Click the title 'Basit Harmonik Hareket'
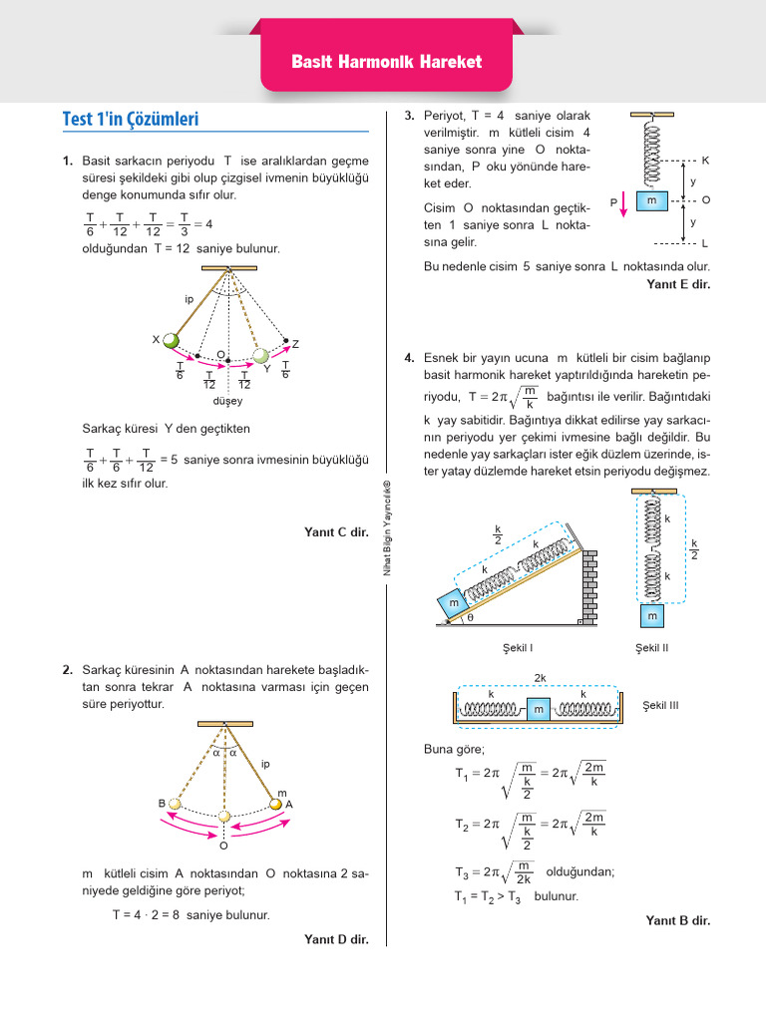(x=386, y=62)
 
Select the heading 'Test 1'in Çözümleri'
(x=131, y=119)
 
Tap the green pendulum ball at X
(x=172, y=341)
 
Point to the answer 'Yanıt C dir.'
(x=336, y=532)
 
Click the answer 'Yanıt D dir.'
(x=336, y=938)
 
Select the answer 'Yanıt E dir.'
(x=678, y=284)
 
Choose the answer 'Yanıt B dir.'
(x=678, y=920)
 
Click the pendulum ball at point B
(x=175, y=804)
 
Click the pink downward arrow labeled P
(x=623, y=203)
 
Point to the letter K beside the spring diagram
(x=705, y=160)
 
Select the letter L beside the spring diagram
(x=705, y=243)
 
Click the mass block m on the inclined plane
(x=454, y=603)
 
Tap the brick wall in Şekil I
(x=587, y=588)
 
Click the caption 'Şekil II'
(x=651, y=648)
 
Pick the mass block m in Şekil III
(x=539, y=708)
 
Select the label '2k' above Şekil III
(x=540, y=678)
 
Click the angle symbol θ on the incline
(x=471, y=618)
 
